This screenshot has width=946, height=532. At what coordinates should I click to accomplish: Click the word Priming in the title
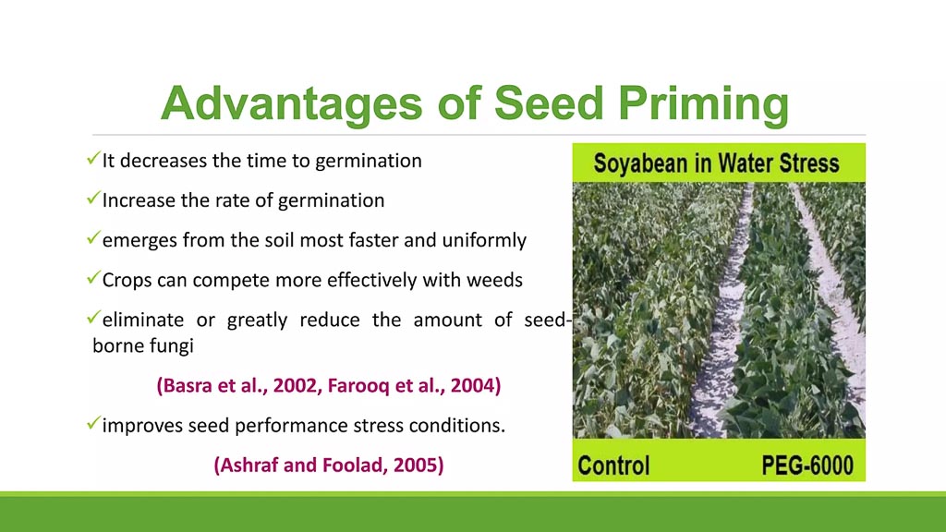[703, 103]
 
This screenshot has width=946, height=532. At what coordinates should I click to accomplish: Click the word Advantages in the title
[291, 103]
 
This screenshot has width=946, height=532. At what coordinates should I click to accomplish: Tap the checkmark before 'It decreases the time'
[93, 159]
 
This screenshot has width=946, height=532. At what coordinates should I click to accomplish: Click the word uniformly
[484, 240]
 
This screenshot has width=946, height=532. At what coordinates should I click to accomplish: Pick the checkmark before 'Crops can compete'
[93, 278]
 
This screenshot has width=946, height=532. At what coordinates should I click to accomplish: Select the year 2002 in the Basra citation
[293, 385]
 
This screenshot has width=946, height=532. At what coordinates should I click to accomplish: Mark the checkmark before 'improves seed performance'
[93, 423]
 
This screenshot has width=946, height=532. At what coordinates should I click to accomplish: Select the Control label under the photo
[613, 465]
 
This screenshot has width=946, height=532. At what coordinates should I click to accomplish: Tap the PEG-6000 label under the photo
[807, 465]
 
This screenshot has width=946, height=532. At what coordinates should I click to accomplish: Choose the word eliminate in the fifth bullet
[143, 320]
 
